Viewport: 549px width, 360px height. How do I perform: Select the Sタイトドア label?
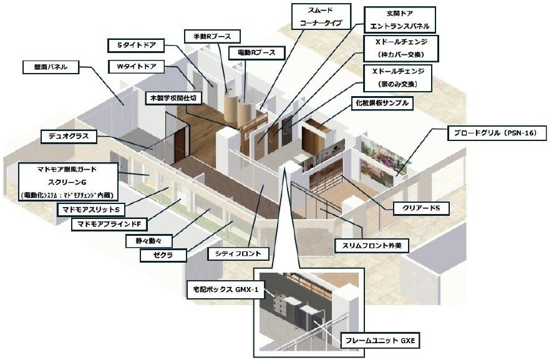click(136, 45)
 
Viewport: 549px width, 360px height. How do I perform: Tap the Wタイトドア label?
click(136, 66)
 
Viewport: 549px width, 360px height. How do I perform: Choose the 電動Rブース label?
click(248, 52)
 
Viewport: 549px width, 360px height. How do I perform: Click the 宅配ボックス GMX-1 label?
click(222, 289)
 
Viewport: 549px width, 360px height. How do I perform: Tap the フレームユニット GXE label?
click(382, 341)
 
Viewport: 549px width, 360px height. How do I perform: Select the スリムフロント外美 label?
click(371, 246)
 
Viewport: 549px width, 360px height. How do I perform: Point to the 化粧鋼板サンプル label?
click(383, 103)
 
